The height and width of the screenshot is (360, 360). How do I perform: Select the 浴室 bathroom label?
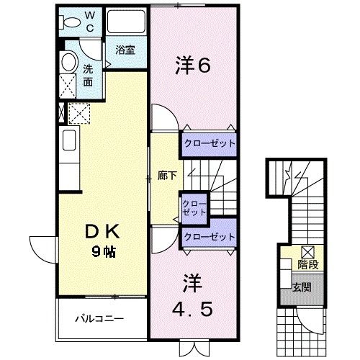coord(126,50)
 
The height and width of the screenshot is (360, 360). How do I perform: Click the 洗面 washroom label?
coord(88,75)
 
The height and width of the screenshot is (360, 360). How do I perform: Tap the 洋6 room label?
coord(192,66)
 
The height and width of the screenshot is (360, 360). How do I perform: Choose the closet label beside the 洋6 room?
coord(209,143)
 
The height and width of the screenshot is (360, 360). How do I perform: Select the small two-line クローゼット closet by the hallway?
coord(194,209)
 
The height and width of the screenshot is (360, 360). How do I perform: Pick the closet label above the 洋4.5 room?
coord(209,236)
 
